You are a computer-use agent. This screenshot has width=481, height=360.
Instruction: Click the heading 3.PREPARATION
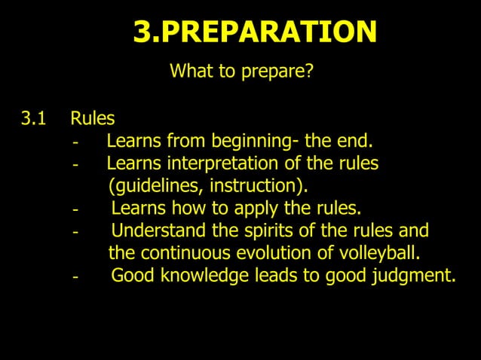255,32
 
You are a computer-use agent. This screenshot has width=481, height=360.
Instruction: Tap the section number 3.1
33,118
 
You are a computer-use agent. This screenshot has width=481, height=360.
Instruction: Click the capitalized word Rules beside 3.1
93,118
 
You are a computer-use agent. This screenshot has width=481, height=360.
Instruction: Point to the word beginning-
256,141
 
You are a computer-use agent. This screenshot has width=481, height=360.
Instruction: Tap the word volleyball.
371,252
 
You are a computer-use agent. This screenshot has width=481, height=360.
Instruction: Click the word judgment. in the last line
418,276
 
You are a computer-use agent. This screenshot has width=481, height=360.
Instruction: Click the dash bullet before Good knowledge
75,277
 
